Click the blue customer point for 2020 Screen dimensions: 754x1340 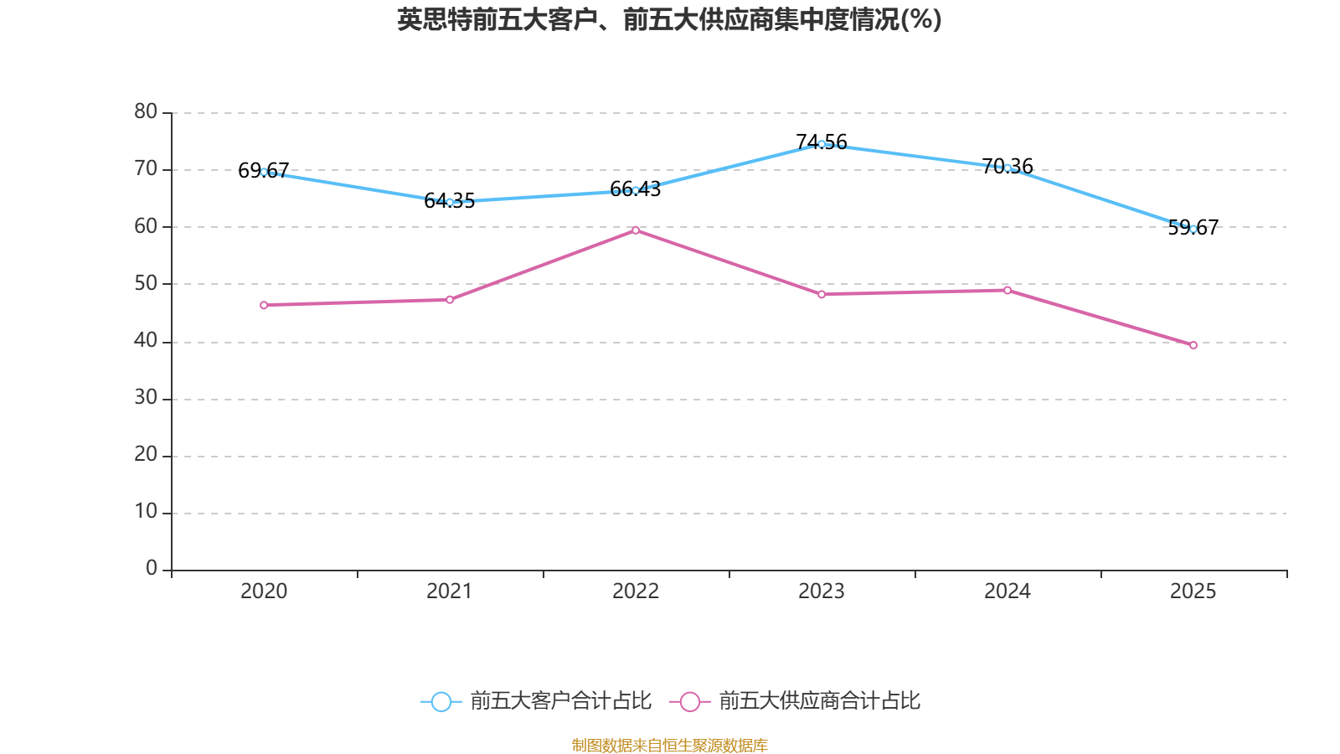(264, 172)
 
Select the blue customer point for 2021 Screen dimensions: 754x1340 (450, 202)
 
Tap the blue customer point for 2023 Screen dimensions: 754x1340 (822, 144)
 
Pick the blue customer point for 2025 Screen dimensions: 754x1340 (1193, 229)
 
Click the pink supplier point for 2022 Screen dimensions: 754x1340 (636, 230)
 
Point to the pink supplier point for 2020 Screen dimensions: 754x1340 (264, 305)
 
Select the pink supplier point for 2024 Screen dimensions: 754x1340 (1008, 290)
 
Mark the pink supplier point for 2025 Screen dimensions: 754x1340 (1193, 345)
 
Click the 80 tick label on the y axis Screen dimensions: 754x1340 (146, 111)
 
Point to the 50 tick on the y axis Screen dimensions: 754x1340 (146, 283)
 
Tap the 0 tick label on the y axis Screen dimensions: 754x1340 (152, 569)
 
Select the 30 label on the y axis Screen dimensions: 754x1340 (146, 398)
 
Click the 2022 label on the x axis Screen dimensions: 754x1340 (636, 591)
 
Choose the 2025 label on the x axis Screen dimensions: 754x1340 (1193, 591)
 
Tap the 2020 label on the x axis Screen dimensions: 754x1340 (264, 591)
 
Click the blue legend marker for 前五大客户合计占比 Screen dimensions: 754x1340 (441, 701)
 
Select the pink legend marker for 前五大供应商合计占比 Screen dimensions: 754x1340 (689, 701)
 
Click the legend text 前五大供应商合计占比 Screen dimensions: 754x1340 (819, 701)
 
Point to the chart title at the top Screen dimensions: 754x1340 (669, 19)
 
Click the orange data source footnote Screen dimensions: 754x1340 (669, 745)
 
